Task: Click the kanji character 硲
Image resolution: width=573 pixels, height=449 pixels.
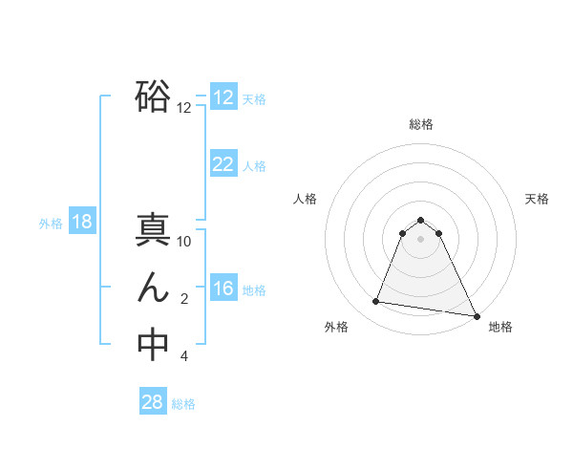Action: (153, 97)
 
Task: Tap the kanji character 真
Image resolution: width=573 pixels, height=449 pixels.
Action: (153, 232)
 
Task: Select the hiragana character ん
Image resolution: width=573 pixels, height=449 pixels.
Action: (153, 289)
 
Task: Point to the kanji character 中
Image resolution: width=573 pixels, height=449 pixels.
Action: (153, 345)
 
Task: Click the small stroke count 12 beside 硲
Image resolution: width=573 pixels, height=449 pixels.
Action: (184, 108)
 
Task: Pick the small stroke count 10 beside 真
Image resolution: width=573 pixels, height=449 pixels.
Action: (184, 242)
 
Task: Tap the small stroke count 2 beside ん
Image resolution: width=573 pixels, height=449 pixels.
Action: (184, 299)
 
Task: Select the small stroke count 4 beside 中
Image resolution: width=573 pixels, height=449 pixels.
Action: (184, 356)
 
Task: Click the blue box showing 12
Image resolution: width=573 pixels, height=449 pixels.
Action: (223, 97)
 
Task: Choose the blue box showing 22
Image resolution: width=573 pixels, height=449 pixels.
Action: (223, 164)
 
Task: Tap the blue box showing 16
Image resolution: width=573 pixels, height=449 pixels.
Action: (223, 289)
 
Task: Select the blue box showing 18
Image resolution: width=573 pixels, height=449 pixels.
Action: (82, 223)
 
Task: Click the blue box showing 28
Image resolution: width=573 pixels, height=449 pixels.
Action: (153, 402)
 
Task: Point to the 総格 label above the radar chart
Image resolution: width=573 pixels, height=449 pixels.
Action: (421, 124)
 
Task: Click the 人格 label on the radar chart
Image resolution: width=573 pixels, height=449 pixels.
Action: (306, 199)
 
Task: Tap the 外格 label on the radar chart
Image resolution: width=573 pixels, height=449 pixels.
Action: (336, 327)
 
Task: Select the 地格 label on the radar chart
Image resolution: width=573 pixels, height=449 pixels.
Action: (500, 327)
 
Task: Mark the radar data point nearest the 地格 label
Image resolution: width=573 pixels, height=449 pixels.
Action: (477, 316)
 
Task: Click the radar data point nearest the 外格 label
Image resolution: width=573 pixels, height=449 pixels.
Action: (376, 302)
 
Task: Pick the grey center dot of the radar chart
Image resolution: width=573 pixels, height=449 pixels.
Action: (421, 239)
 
